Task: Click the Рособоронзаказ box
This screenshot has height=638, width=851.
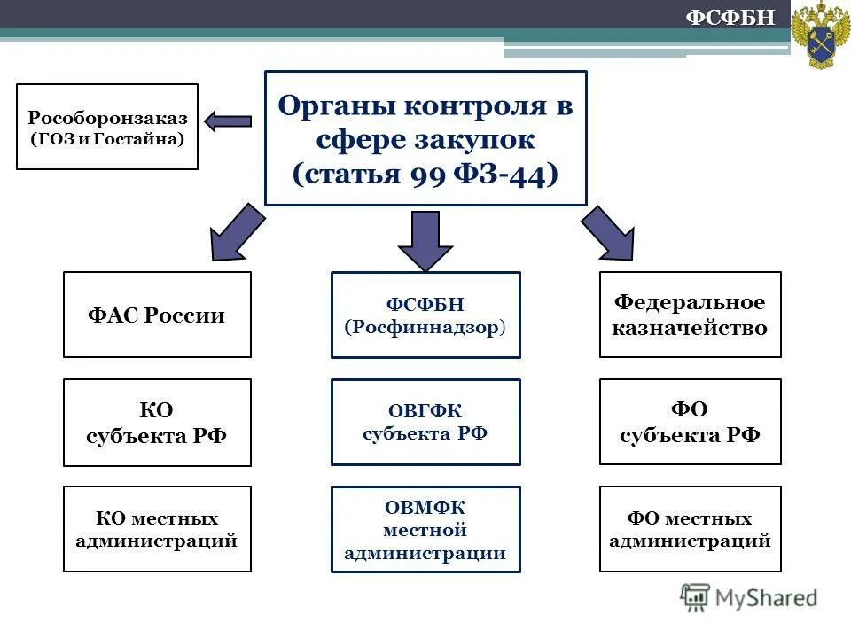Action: (107, 127)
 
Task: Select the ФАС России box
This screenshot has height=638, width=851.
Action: (157, 315)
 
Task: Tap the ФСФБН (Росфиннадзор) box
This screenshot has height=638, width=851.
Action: (425, 315)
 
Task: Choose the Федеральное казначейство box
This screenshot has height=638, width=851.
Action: (691, 315)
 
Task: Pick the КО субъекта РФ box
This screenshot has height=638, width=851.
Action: (157, 423)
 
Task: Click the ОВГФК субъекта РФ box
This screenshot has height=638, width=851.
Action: (425, 423)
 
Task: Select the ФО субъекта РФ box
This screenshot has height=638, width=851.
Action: (691, 423)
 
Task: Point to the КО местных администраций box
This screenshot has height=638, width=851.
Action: (157, 529)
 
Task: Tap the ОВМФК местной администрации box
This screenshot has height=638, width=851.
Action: (425, 529)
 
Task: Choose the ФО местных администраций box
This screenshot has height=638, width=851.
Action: (691, 529)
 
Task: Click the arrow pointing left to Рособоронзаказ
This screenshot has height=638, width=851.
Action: (229, 121)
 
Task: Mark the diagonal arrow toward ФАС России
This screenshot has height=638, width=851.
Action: (235, 232)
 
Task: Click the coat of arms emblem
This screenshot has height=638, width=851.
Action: (820, 35)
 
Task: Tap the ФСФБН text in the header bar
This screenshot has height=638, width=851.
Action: (732, 17)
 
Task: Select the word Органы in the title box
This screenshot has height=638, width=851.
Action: (337, 106)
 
